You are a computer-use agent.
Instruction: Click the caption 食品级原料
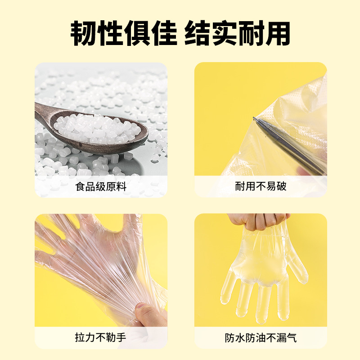[x=101, y=186]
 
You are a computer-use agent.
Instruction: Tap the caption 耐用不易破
[x=261, y=186]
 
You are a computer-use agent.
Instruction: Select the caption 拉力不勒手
[x=101, y=337]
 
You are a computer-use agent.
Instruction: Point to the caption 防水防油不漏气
[x=261, y=337]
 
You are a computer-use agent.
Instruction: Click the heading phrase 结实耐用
[x=237, y=32]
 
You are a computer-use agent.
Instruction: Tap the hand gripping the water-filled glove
[x=256, y=220]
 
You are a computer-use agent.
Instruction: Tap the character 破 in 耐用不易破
[x=281, y=186]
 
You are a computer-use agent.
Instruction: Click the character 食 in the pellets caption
[x=81, y=186]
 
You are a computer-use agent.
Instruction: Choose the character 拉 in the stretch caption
[x=81, y=337]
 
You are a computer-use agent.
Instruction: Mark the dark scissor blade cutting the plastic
[x=288, y=144]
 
